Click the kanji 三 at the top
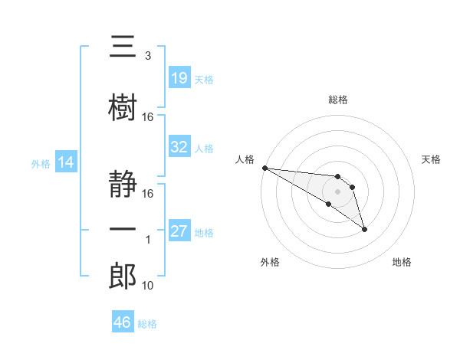click(x=123, y=46)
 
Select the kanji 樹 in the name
click(x=123, y=107)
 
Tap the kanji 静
click(x=123, y=184)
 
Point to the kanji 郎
click(x=123, y=276)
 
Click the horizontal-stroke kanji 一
click(x=123, y=229)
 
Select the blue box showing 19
click(x=179, y=77)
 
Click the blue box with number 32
click(x=179, y=146)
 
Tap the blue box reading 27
click(x=179, y=230)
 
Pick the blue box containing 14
click(x=66, y=162)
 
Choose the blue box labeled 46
click(x=123, y=321)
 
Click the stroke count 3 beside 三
click(x=148, y=56)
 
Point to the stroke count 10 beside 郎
click(x=147, y=286)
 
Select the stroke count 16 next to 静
click(x=147, y=194)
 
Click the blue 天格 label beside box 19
click(x=204, y=80)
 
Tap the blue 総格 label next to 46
click(x=147, y=324)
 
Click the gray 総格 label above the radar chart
click(x=338, y=100)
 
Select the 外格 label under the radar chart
click(x=270, y=262)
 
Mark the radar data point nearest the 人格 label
click(x=265, y=168)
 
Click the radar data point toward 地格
click(x=364, y=230)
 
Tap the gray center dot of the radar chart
click(x=337, y=191)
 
